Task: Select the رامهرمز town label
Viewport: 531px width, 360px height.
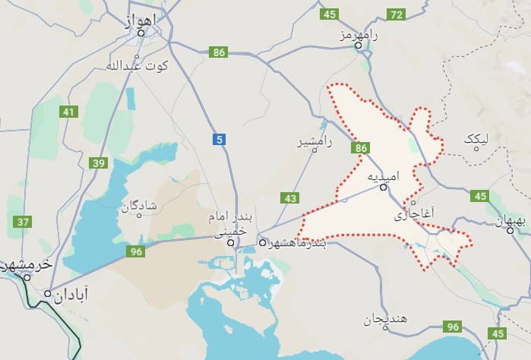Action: coord(360,35)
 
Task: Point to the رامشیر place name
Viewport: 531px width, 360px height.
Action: coord(317,141)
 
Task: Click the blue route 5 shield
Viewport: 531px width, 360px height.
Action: coord(220,139)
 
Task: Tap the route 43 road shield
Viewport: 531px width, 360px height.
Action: coord(290,198)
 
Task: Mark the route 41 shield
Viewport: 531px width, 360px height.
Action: coord(70,112)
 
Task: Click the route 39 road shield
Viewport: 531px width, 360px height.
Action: coord(98,163)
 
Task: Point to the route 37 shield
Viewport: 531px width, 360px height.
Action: coord(23,222)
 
